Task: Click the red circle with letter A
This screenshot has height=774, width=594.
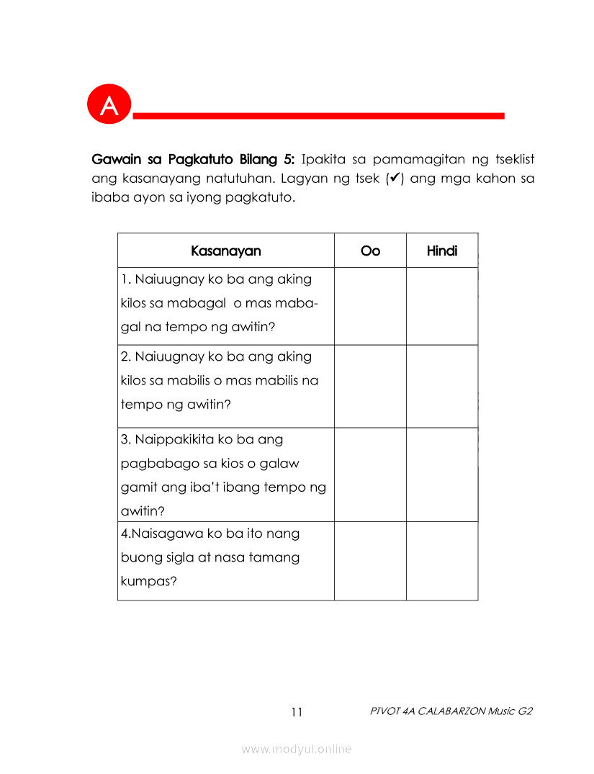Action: [x=109, y=105]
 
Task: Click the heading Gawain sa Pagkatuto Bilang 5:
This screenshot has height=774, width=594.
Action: [x=194, y=158]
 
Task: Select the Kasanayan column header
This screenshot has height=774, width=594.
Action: [x=226, y=251]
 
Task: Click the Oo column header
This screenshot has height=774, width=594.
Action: [x=370, y=251]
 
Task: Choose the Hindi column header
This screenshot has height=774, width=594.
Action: [x=442, y=251]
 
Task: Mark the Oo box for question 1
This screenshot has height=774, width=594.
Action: [x=370, y=306]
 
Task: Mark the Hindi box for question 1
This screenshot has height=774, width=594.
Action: [x=442, y=306]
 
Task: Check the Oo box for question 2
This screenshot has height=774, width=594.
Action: [x=370, y=386]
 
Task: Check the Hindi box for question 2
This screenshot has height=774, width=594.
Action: [x=442, y=386]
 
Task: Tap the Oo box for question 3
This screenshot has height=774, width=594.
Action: [x=370, y=474]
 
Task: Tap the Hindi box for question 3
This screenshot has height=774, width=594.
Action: [x=442, y=474]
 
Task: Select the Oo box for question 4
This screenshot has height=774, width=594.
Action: [x=370, y=561]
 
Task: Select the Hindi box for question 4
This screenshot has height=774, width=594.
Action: [x=442, y=561]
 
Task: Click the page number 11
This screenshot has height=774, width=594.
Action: [x=297, y=712]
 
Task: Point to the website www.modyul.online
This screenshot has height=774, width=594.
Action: [x=297, y=749]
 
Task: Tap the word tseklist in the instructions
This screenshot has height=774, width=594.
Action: [x=511, y=158]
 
